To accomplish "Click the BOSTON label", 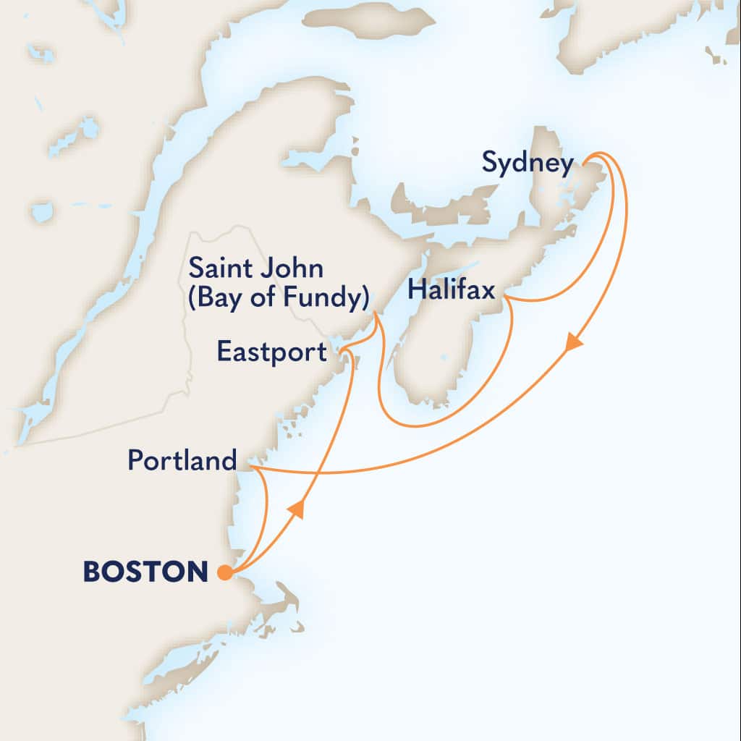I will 145,572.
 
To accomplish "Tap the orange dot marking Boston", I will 225,573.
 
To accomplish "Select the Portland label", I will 182,460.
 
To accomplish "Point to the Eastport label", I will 272,352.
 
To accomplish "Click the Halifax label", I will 451,291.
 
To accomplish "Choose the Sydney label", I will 527,164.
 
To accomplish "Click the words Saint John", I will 256,269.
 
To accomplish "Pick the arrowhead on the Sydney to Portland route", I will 574,341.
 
